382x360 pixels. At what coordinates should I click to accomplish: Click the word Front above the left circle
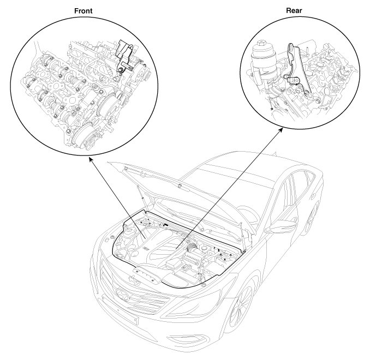coord(83,11)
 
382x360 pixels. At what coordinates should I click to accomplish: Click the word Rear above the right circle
coord(294,10)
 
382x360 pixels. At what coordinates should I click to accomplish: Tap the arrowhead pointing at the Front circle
coord(91,159)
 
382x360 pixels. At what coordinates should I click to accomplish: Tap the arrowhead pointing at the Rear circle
coord(280,130)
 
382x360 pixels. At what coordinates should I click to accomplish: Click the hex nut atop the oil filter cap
coord(261,45)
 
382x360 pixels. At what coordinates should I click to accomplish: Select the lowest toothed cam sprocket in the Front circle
coord(84,140)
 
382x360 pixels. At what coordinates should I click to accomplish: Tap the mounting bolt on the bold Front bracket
coord(120,70)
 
